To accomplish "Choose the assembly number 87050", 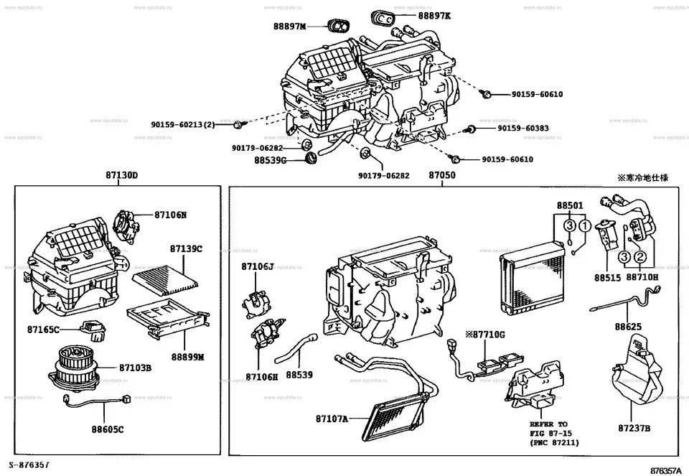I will pyautogui.click(x=442, y=175).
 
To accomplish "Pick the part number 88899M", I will pyautogui.click(x=187, y=356).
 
